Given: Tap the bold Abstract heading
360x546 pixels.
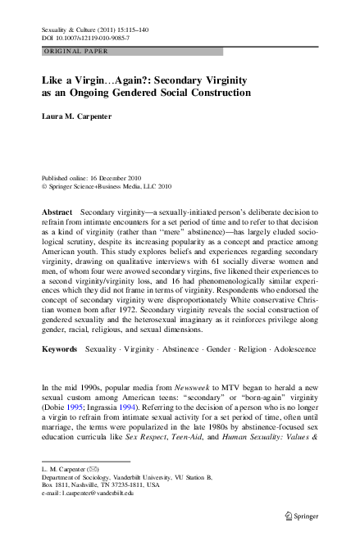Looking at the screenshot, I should [x=57, y=212].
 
